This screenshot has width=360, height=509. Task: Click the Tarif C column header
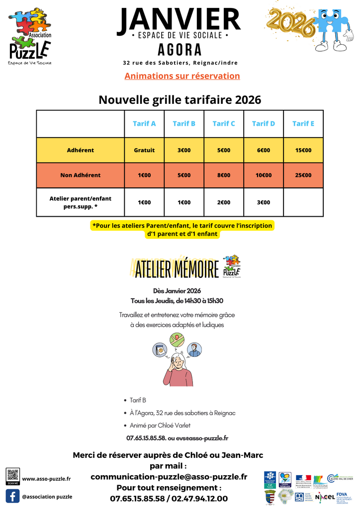(x=224, y=124)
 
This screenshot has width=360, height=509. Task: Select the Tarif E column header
(x=303, y=124)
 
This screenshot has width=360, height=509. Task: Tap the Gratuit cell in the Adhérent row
(x=144, y=150)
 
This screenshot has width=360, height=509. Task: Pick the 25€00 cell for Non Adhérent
(x=303, y=175)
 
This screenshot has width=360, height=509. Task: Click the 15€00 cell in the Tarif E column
(x=303, y=150)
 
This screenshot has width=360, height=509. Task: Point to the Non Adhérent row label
(x=81, y=175)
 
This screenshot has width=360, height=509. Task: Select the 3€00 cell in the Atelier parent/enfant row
(x=264, y=202)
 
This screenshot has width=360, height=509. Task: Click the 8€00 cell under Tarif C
(x=224, y=175)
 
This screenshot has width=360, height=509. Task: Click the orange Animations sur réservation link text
(x=182, y=76)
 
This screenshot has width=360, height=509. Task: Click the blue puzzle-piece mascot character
(x=333, y=27)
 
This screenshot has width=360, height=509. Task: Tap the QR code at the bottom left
(x=13, y=475)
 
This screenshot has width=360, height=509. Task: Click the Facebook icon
(x=12, y=496)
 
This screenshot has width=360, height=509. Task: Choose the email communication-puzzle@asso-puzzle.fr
(x=169, y=476)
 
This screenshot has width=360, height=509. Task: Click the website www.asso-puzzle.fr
(x=46, y=479)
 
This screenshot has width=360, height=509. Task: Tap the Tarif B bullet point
(x=138, y=400)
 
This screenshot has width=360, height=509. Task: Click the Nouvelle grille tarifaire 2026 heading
(x=180, y=99)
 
